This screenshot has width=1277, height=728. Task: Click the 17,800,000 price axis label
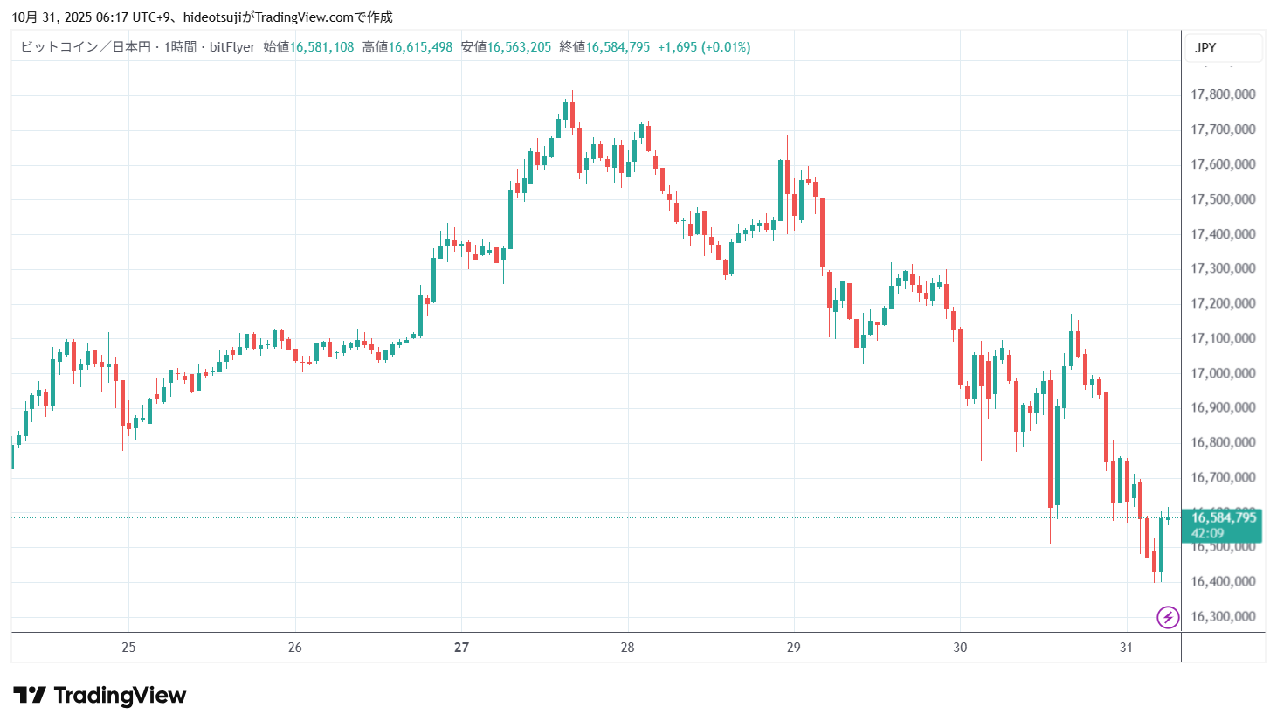point(1223,94)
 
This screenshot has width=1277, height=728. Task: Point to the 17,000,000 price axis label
point(1223,373)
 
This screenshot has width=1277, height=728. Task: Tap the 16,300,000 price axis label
point(1223,616)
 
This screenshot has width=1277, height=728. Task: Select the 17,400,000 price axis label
point(1223,234)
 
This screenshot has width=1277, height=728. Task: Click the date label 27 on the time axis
point(461,648)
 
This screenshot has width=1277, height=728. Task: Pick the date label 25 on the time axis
point(128,648)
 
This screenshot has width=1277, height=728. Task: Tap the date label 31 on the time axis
point(1126,648)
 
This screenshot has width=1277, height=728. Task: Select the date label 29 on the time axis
point(793,648)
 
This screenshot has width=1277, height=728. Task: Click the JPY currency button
point(1206,48)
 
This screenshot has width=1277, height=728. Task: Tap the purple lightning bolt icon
point(1168,617)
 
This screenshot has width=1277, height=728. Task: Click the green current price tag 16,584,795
point(1224,517)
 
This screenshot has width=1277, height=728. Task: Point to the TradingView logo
point(100,696)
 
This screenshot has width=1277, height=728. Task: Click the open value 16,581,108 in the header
point(321,47)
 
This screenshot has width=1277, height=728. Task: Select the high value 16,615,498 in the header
point(420,47)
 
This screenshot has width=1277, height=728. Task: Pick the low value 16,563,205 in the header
point(519,47)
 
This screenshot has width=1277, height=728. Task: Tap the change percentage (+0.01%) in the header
point(726,47)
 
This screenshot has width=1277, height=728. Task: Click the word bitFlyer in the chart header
point(232,47)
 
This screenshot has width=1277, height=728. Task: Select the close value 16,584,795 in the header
point(618,47)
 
